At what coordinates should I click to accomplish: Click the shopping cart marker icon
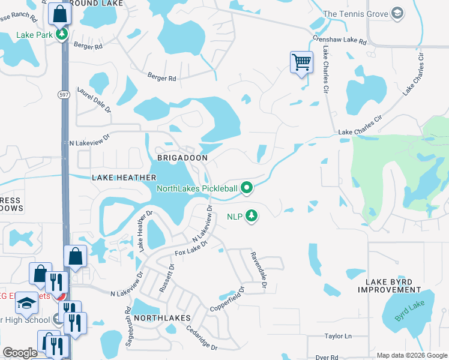point(301,61)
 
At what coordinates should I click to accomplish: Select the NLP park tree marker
point(252,215)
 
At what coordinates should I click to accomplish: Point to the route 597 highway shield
point(64,95)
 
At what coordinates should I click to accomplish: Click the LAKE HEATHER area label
point(124,178)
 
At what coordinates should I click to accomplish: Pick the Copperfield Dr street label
point(228,299)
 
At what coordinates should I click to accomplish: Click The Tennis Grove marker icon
point(397,13)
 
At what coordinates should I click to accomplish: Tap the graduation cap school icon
point(26,304)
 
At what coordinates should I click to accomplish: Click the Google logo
point(20,353)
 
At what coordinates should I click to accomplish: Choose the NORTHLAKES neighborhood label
point(162,317)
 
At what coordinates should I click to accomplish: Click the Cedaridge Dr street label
point(201,340)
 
